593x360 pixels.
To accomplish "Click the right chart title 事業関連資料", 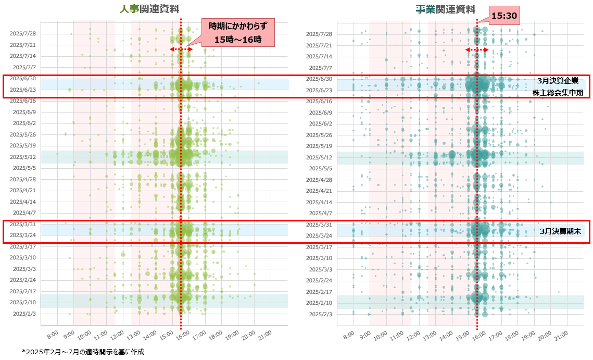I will click(445, 9).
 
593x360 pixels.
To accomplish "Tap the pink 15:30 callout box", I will click(504, 16).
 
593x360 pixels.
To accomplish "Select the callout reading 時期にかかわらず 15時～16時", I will click(237, 32).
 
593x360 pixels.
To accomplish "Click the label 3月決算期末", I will click(560, 231).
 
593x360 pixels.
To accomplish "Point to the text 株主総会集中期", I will click(557, 93).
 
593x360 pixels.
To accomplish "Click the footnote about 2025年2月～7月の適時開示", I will click(83, 352).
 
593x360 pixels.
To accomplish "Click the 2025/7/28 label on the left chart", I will click(22, 33).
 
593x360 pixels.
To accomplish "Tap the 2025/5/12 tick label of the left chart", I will click(22, 157).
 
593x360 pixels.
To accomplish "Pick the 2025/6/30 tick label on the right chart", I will click(319, 79).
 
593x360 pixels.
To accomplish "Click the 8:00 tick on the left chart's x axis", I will click(52, 333).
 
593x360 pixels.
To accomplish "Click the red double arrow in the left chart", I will click(181, 49).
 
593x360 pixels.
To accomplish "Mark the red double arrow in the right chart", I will click(476, 49).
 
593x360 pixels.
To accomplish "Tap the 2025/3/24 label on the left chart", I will click(22, 235).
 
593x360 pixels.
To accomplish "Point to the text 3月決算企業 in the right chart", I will click(558, 81).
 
